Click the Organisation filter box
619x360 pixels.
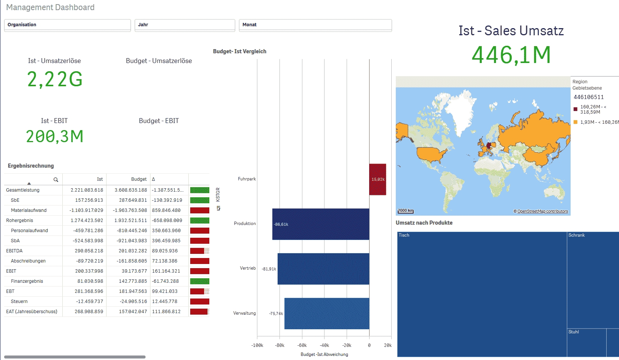pyautogui.click(x=68, y=25)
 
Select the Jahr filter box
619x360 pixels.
pyautogui.click(x=185, y=25)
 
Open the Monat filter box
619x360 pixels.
pyautogui.click(x=315, y=25)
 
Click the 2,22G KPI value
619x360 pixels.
pyautogui.click(x=55, y=79)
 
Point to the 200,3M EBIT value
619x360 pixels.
pyautogui.click(x=55, y=136)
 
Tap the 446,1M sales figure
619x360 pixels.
pyautogui.click(x=511, y=55)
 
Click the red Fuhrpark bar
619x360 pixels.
pyautogui.click(x=377, y=179)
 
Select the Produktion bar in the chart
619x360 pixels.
pyautogui.click(x=321, y=224)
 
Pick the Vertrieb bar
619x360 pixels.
pyautogui.click(x=323, y=269)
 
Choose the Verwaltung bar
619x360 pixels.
pyautogui.click(x=327, y=313)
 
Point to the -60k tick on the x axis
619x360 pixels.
pyautogui.click(x=302, y=345)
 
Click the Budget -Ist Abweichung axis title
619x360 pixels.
pyautogui.click(x=324, y=354)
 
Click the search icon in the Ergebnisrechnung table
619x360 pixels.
pyautogui.click(x=56, y=180)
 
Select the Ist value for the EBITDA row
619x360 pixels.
pyautogui.click(x=89, y=251)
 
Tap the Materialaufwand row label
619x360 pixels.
pyautogui.click(x=29, y=210)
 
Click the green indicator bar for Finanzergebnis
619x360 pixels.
pyautogui.click(x=200, y=281)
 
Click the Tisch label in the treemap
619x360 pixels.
pyautogui.click(x=404, y=235)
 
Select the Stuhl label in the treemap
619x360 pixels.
pyautogui.click(x=573, y=332)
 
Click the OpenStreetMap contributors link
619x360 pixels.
pyautogui.click(x=542, y=211)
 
